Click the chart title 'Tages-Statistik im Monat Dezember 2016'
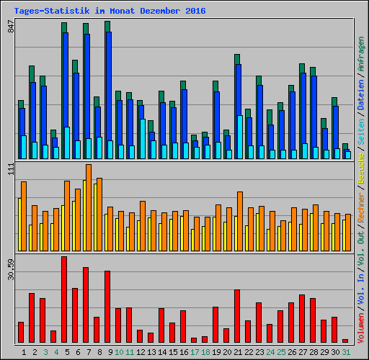tap(110, 11)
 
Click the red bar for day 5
tap(64, 300)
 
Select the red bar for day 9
tap(107, 307)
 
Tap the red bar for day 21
tap(237, 316)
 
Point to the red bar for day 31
tap(345, 341)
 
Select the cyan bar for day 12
tap(143, 139)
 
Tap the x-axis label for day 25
tap(281, 352)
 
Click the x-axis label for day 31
tap(346, 352)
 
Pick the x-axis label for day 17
tap(195, 352)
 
